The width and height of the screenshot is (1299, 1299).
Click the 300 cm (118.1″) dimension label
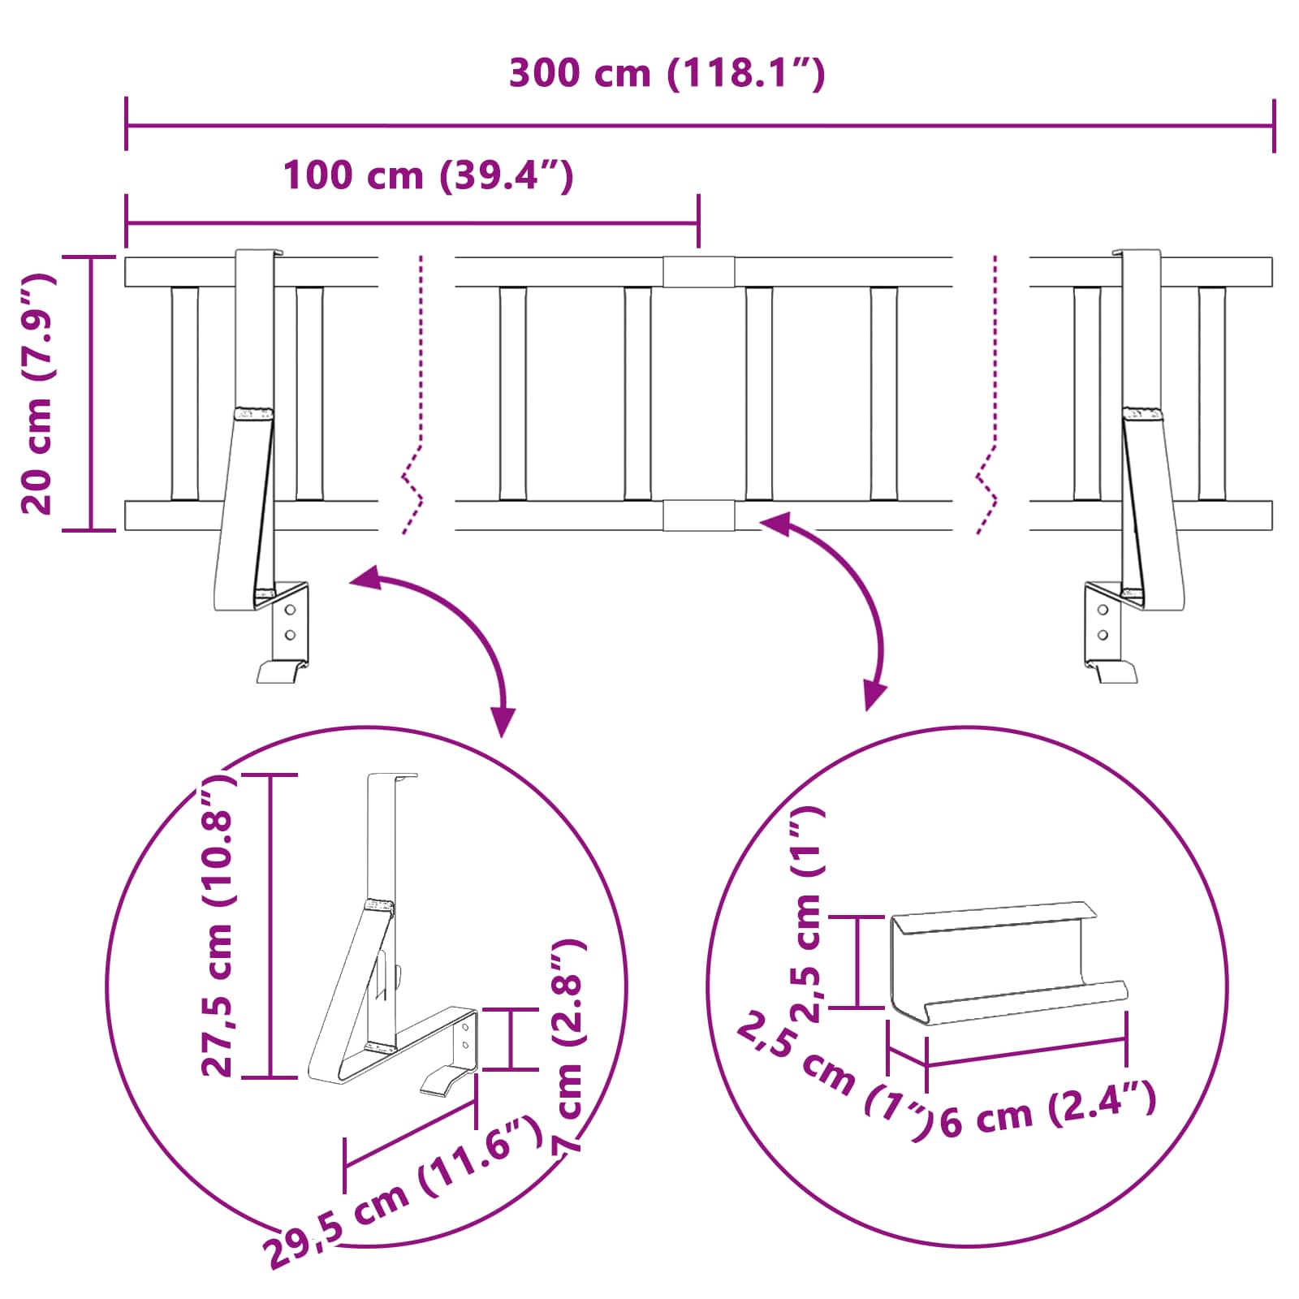pyautogui.click(x=667, y=74)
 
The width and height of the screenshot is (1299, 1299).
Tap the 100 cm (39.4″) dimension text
pyautogui.click(x=428, y=175)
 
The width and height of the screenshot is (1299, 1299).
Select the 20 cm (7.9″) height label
pyautogui.click(x=37, y=394)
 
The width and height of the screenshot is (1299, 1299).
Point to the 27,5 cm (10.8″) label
pyautogui.click(x=218, y=926)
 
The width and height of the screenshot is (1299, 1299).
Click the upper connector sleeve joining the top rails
pyautogui.click(x=698, y=272)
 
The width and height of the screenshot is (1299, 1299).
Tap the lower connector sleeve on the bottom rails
pyautogui.click(x=698, y=516)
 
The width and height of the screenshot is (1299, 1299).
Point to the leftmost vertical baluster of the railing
pyautogui.click(x=184, y=394)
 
